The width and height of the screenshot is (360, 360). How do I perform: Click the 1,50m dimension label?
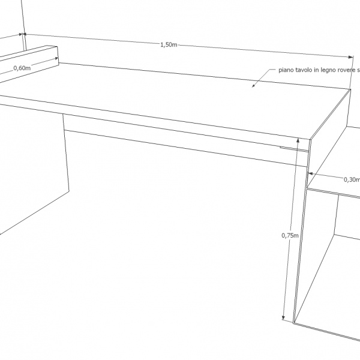coord(169,45)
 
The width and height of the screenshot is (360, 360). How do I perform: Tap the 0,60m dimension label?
coord(22,68)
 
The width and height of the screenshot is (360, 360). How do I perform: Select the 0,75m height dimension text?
coord(290,235)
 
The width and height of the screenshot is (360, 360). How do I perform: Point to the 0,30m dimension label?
coord(352,179)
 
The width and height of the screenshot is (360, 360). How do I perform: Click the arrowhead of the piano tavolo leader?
coord(253,86)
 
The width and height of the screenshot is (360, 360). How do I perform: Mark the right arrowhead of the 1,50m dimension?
coord(351,57)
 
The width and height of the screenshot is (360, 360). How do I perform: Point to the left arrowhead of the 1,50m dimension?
coord(25,34)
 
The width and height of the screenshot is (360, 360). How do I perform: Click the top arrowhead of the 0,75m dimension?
coord(298,140)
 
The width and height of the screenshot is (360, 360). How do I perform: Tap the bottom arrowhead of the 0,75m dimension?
coord(283,317)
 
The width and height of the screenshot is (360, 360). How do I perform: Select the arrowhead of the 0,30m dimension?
coord(310,173)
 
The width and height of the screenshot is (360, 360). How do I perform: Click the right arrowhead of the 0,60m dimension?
coord(56,59)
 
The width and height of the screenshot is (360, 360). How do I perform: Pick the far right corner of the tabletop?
coord(350,89)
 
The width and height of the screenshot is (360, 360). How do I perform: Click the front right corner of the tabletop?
coord(310,139)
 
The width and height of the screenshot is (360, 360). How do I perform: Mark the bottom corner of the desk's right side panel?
coord(293,323)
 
